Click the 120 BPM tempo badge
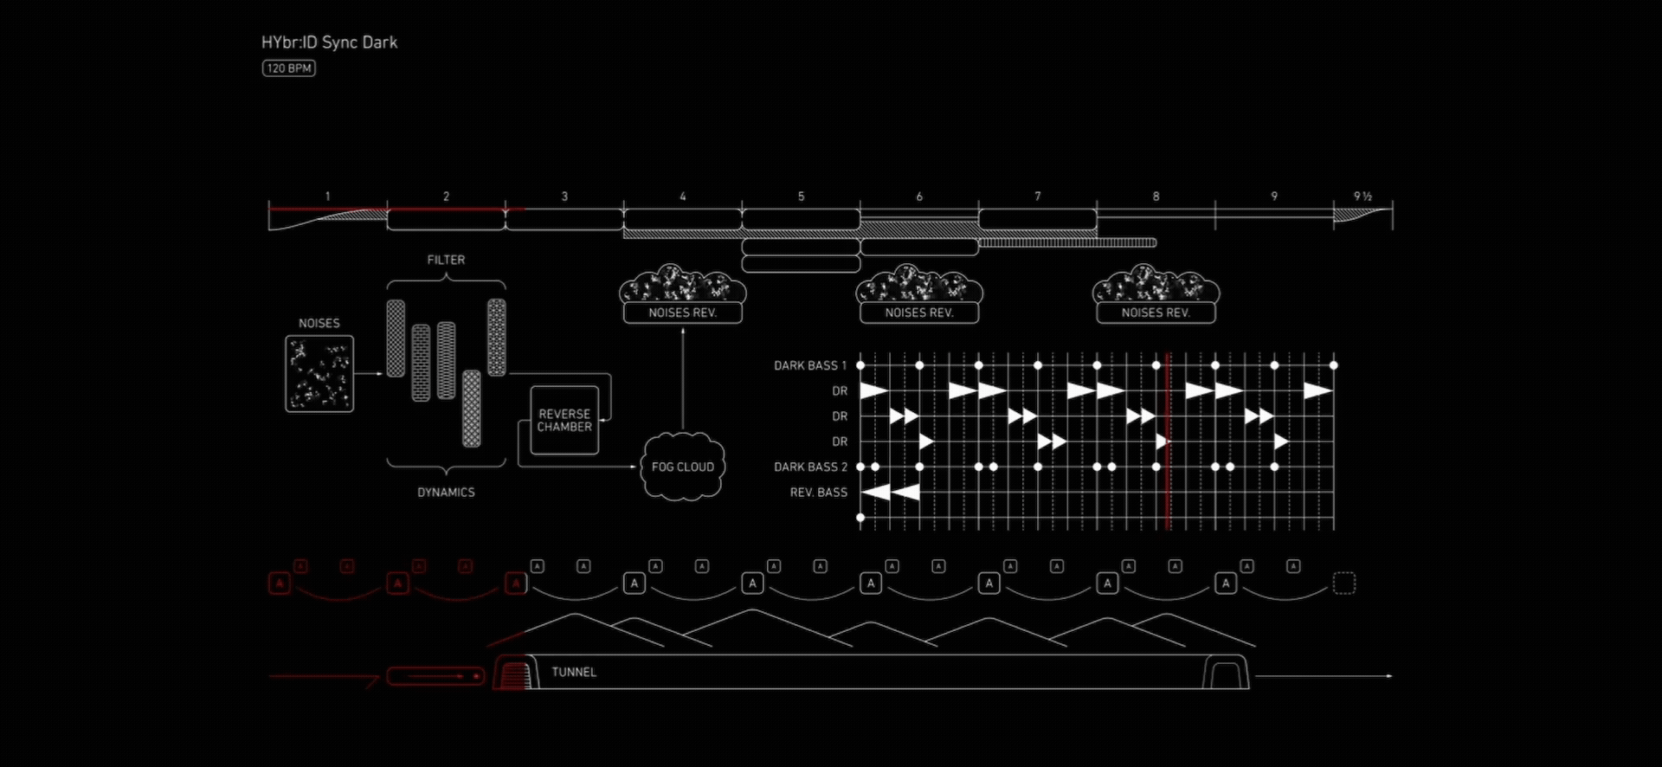pos(289,68)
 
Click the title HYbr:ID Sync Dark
pos(329,42)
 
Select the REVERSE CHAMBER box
pos(564,421)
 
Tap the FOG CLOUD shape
pos(683,467)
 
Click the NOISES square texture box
pos(319,374)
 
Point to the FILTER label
pos(446,260)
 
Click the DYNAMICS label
pos(446,493)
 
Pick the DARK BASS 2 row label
pos(810,467)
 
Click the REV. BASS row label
pos(818,493)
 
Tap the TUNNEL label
pos(574,672)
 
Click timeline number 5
pos(802,197)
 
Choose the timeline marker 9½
pos(1362,197)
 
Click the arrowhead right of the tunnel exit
pos(1389,676)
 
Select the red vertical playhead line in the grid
pos(1168,442)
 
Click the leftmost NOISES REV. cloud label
pos(683,313)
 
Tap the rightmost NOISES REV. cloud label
pos(1156,313)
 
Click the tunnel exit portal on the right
pos(1226,673)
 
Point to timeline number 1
pos(328,197)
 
